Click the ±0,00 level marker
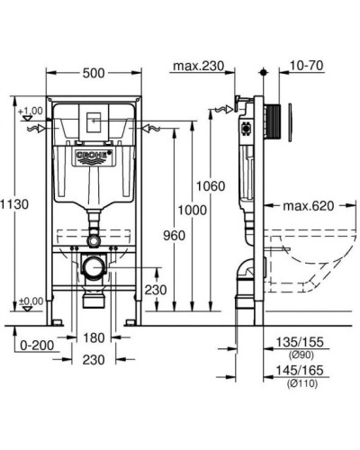pos(30,301)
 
